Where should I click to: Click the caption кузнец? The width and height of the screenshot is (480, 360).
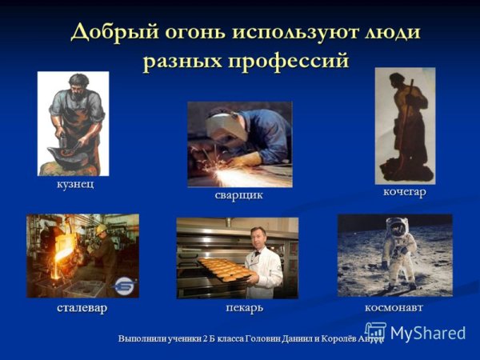tap(74, 186)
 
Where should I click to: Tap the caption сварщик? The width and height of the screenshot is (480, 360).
tap(238, 194)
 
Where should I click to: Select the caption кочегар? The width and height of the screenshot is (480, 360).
tap(405, 192)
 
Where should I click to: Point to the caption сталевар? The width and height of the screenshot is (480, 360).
tap(82, 307)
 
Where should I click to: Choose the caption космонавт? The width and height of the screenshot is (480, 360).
tap(394, 307)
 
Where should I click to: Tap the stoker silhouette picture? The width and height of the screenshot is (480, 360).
tap(405, 125)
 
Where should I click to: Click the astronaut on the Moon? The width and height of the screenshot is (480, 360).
tap(397, 253)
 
